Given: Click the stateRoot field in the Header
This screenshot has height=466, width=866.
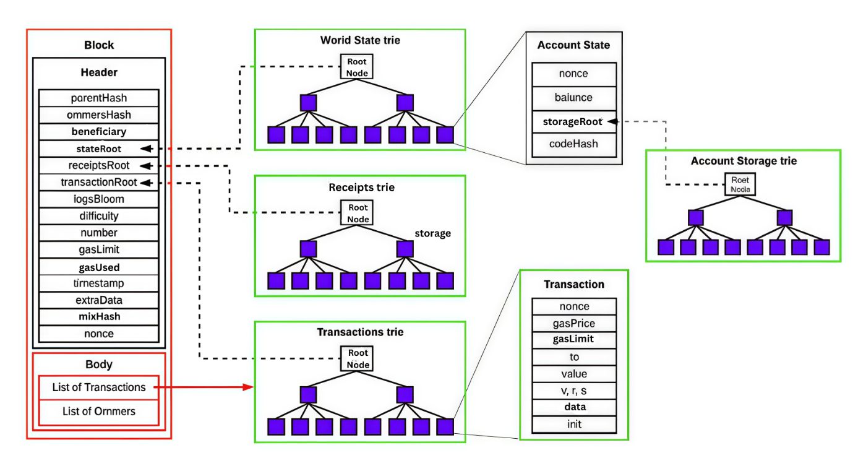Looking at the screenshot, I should [x=99, y=149].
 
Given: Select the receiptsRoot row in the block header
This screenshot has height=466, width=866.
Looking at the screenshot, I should [x=99, y=165].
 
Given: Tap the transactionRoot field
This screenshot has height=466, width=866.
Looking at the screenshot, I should [x=99, y=182].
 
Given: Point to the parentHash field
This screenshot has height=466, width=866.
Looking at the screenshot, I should [x=99, y=98].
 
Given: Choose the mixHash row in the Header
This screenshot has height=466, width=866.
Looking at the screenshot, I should [x=99, y=316].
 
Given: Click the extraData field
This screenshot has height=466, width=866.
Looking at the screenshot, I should [x=99, y=300].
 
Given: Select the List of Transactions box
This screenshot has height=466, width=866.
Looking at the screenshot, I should [x=99, y=387].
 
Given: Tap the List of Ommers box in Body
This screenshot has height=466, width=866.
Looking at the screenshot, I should [x=99, y=411].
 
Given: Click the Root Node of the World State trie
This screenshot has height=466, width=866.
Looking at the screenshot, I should [x=357, y=67].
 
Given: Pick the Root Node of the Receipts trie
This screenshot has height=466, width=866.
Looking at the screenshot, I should [x=357, y=214].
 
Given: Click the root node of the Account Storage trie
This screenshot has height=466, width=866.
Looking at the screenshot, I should [x=740, y=184].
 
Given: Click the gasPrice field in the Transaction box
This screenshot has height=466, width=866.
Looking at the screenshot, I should [x=574, y=323].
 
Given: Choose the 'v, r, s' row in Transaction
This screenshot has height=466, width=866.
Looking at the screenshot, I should [x=574, y=390].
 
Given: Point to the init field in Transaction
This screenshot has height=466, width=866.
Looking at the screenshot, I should [x=574, y=425].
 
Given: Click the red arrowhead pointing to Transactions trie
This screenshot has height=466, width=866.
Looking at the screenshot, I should [x=250, y=387].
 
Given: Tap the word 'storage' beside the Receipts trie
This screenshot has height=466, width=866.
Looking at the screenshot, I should [x=432, y=234].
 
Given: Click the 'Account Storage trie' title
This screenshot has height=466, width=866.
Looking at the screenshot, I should [x=744, y=161].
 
